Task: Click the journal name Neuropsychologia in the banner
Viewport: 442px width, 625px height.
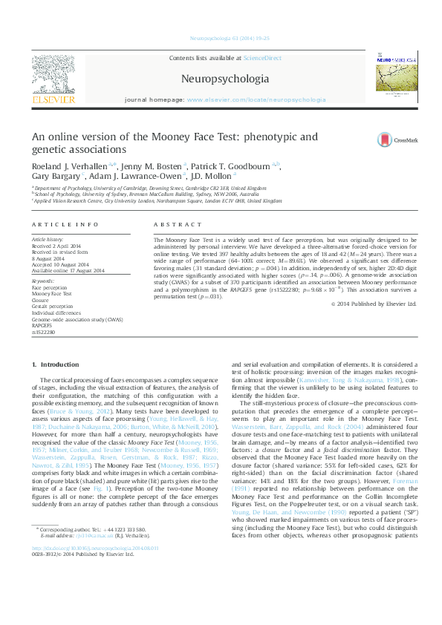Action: pyautogui.click(x=225, y=77)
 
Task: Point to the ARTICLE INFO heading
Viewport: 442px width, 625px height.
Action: pyautogui.click(x=65, y=224)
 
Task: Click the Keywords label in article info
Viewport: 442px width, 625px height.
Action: pyautogui.click(x=43, y=282)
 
